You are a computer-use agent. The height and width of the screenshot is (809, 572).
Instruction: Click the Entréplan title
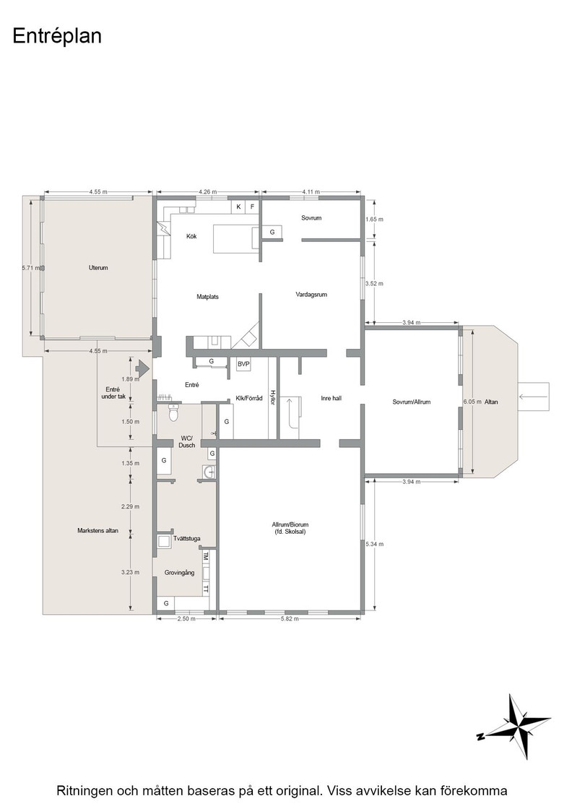(57, 37)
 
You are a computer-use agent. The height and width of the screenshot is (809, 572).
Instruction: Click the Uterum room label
(98, 268)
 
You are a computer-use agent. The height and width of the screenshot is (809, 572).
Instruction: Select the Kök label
(191, 236)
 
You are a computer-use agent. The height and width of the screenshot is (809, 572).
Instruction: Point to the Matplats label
(207, 297)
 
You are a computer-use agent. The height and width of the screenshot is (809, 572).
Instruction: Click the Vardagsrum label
(311, 295)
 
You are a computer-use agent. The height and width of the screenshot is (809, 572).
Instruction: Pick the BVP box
(243, 364)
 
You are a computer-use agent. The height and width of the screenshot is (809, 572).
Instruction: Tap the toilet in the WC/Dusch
(174, 412)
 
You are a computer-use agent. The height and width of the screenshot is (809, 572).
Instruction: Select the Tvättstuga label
(187, 539)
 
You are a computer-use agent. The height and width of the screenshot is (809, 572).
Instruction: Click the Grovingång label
(180, 573)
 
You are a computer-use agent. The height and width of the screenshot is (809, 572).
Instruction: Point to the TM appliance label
(206, 556)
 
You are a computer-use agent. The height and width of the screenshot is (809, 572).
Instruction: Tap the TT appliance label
(206, 589)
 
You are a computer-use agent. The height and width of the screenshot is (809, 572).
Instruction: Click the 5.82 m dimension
(290, 618)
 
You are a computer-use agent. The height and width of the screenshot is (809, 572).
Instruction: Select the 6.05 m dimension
(472, 402)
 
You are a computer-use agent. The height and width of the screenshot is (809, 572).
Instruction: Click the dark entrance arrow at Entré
(142, 368)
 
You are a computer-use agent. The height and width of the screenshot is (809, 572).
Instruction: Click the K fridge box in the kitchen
(238, 207)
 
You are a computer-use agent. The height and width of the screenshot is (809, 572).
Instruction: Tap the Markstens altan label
(98, 530)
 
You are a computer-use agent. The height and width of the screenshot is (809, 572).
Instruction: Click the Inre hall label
(331, 398)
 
